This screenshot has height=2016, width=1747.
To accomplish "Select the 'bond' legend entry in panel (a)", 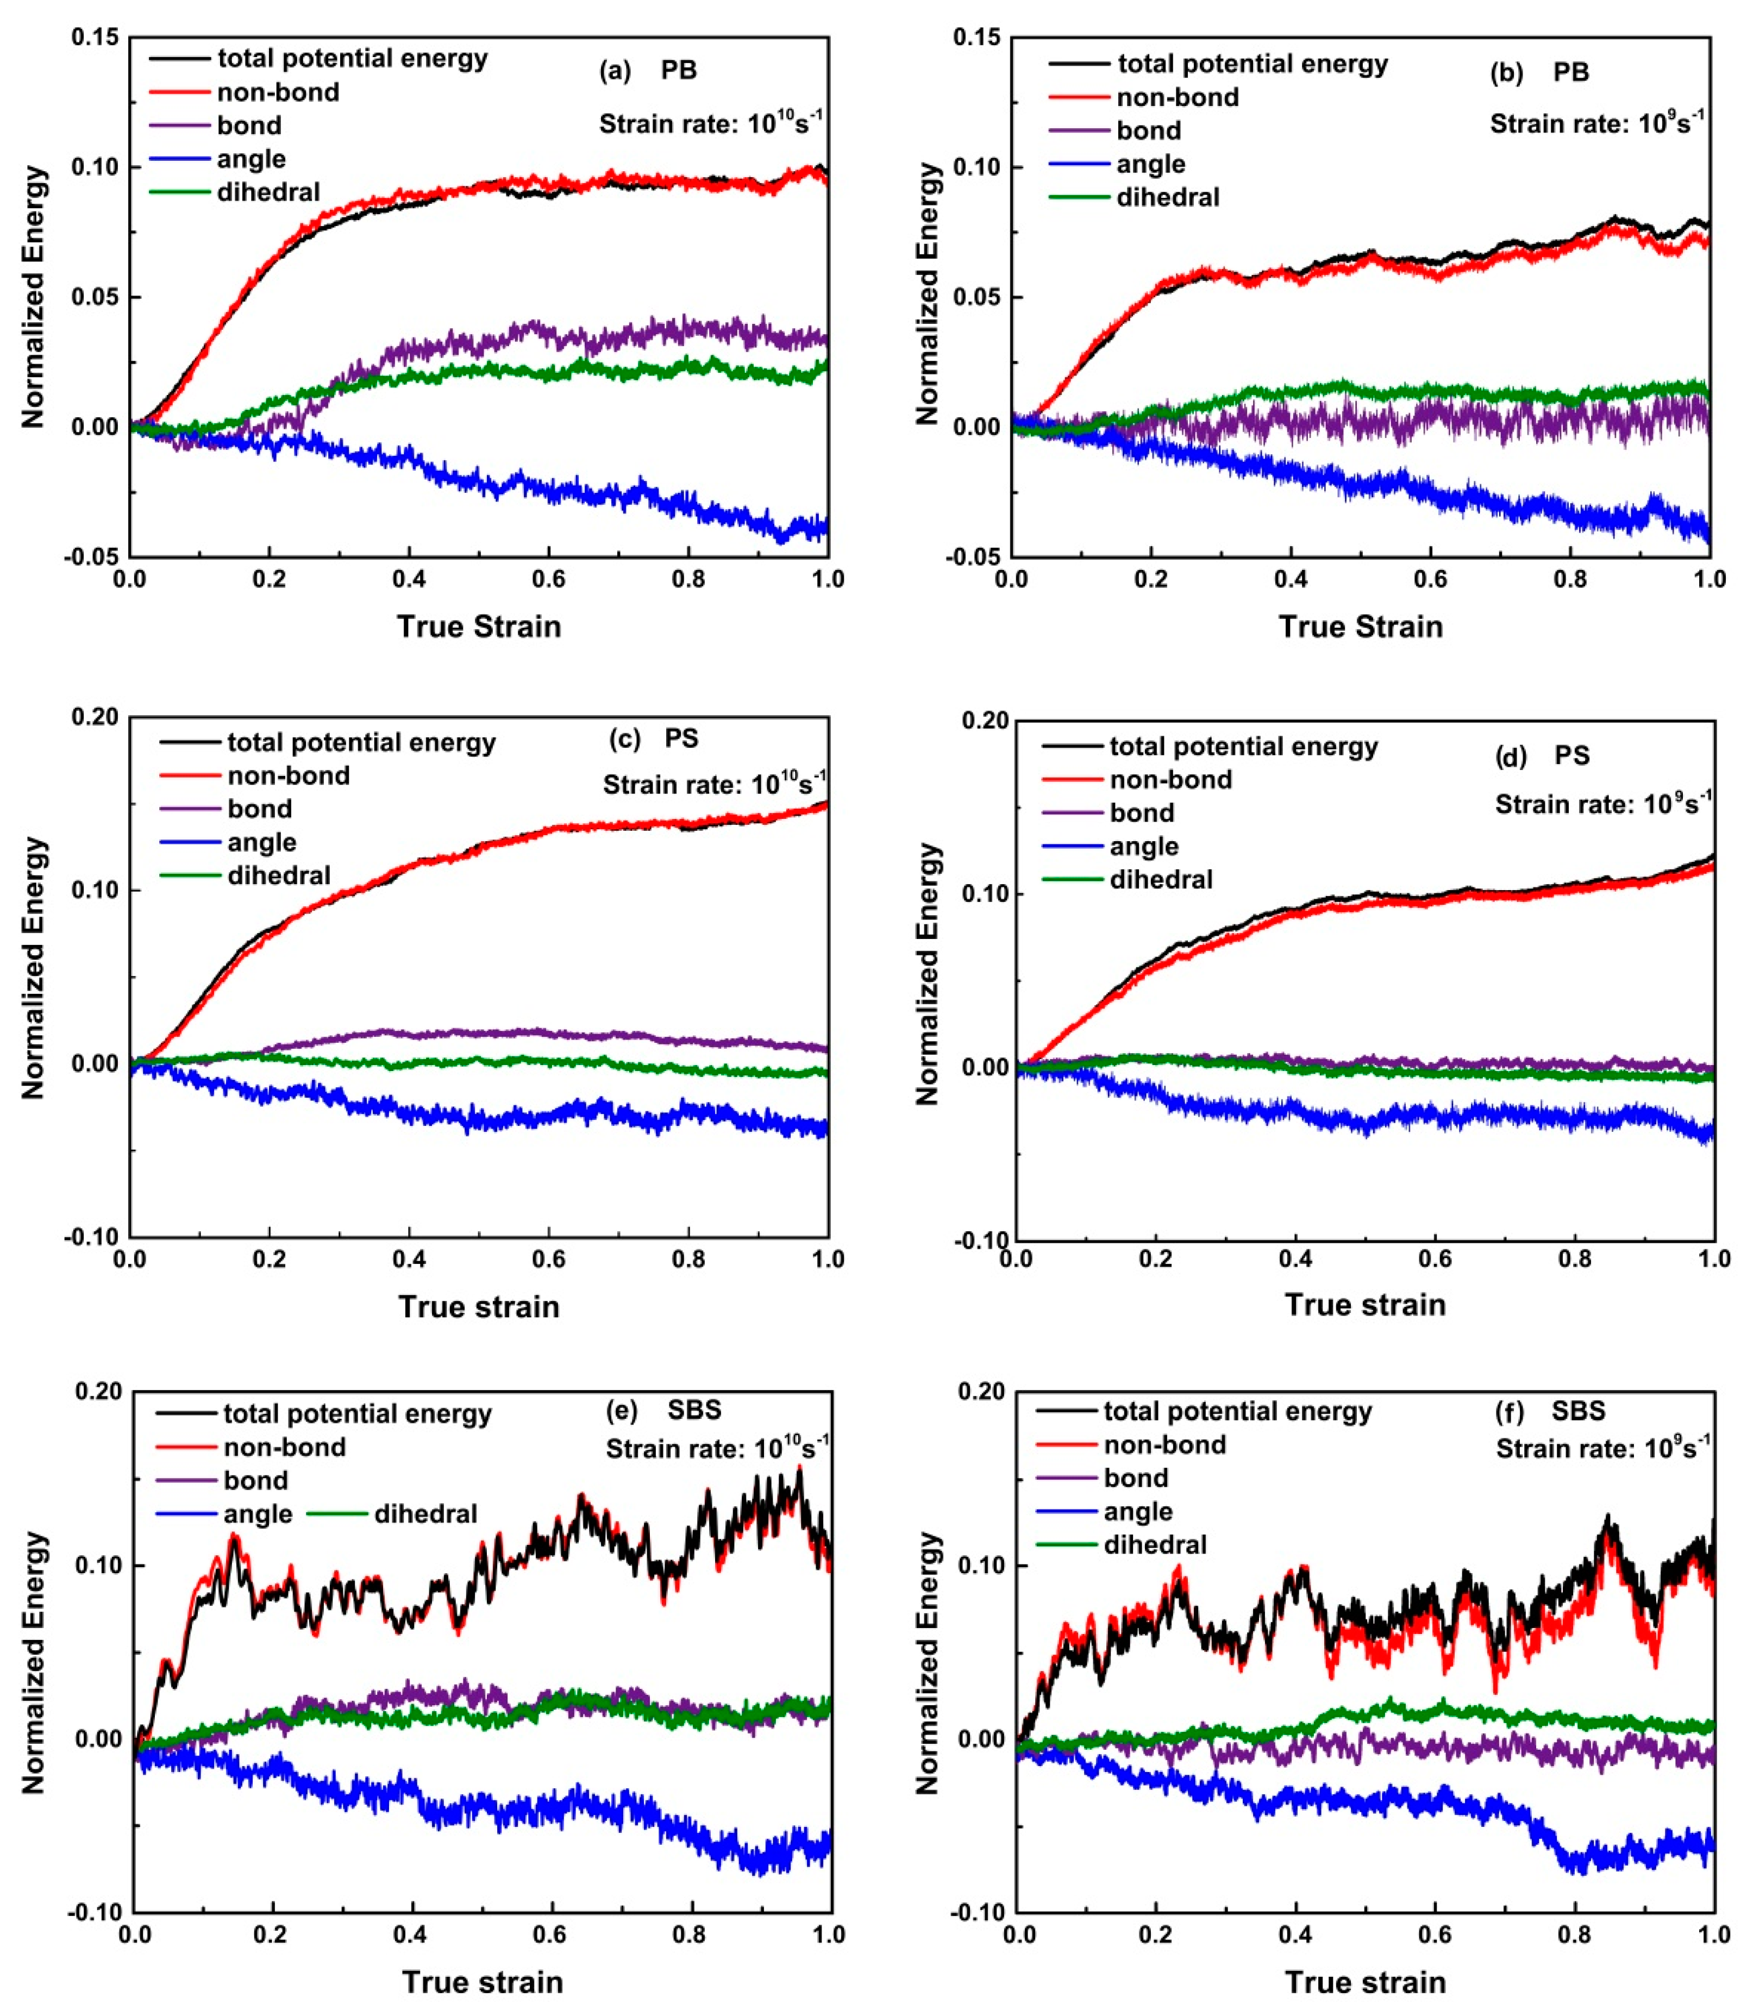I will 248,126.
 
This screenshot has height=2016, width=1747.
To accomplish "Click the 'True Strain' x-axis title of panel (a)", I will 479,626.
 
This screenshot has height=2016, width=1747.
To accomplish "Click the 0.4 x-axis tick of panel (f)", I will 1295,1933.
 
